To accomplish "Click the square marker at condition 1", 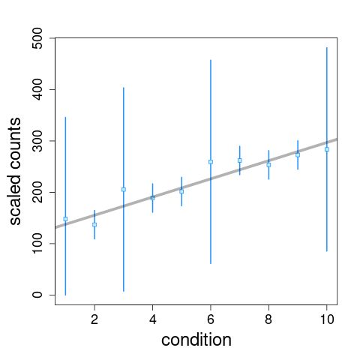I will coord(65,219).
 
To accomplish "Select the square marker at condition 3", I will coord(124,189).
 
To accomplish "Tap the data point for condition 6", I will coord(211,161).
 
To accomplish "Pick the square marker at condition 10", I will coord(327,149).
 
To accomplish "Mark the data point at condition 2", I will coord(94,224).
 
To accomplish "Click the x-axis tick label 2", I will coord(94,317).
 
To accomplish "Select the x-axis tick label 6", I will coord(211,317).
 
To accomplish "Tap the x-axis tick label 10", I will coord(327,317).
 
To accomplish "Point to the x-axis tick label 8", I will coord(268,317).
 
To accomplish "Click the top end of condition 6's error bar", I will coord(211,60).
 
